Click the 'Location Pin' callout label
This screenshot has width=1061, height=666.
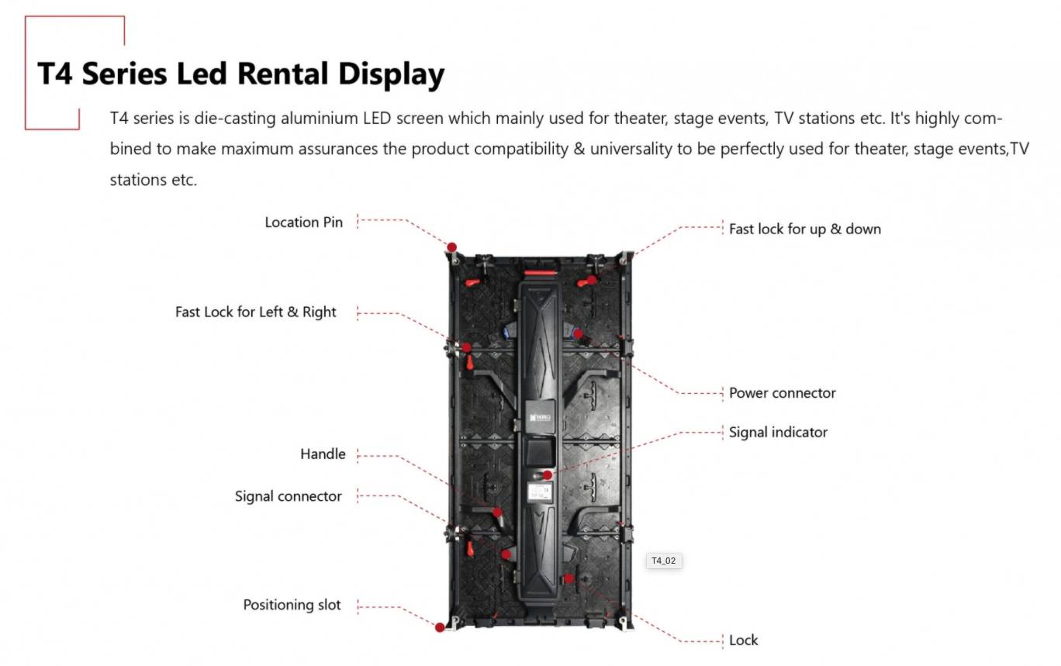pos(303,223)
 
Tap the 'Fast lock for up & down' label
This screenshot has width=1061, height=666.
pos(804,229)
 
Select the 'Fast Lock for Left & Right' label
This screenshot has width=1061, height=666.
pos(255,312)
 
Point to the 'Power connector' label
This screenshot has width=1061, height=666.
pos(782,393)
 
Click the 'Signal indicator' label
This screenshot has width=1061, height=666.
pos(778,433)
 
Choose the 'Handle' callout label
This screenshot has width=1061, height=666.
pos(323,454)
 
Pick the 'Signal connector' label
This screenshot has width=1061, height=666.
pos(288,497)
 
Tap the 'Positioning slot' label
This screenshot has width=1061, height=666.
pos(292,606)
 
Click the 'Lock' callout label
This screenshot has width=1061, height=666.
pos(743,640)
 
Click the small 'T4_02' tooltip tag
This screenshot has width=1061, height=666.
pos(664,561)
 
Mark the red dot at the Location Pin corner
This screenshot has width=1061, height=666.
pos(451,247)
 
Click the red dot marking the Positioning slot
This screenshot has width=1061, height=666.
pos(440,627)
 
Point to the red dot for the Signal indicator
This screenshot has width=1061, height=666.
pos(548,474)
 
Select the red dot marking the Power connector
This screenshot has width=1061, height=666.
pos(578,333)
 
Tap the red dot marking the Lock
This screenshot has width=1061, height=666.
pos(569,578)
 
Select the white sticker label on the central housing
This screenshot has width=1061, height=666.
pos(539,491)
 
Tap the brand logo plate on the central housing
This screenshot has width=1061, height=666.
pos(539,417)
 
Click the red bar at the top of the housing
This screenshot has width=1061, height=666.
pos(541,272)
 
